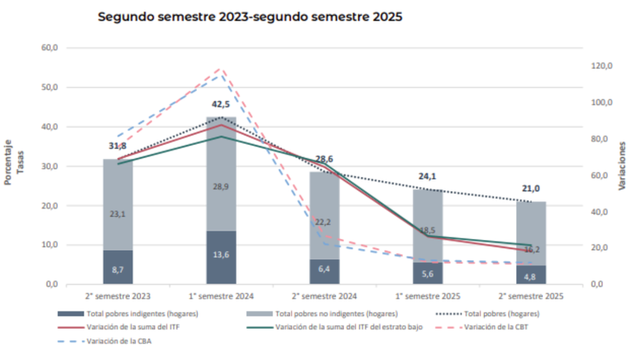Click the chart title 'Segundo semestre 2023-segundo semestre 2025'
[249, 17]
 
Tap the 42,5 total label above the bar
[221, 104]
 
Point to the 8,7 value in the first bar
[117, 271]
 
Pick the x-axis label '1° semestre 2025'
[428, 296]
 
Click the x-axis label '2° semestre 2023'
[117, 296]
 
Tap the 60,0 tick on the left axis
[50, 48]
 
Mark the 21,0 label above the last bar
[531, 189]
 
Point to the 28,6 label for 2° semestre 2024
[324, 159]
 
